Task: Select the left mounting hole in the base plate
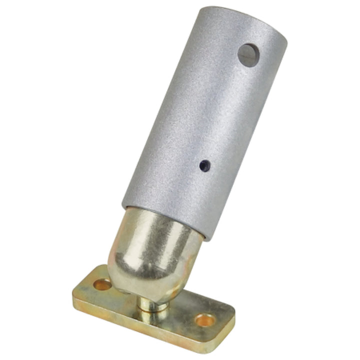103,285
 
